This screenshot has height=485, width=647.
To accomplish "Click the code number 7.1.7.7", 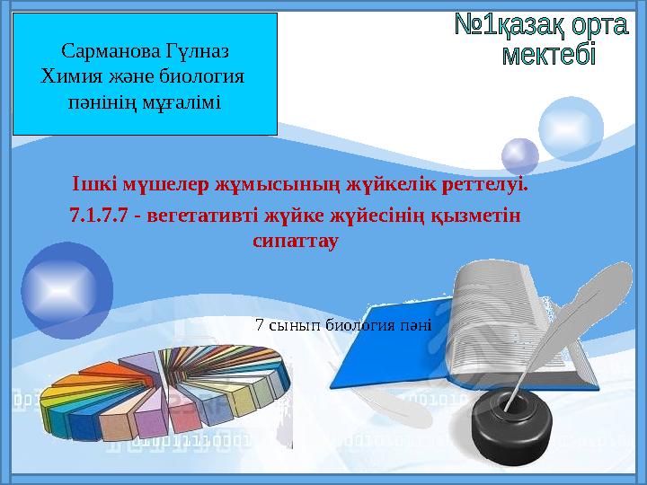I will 98,216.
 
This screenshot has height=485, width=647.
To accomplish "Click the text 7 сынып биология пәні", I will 343,325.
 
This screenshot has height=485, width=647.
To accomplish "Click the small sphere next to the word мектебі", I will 519,154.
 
